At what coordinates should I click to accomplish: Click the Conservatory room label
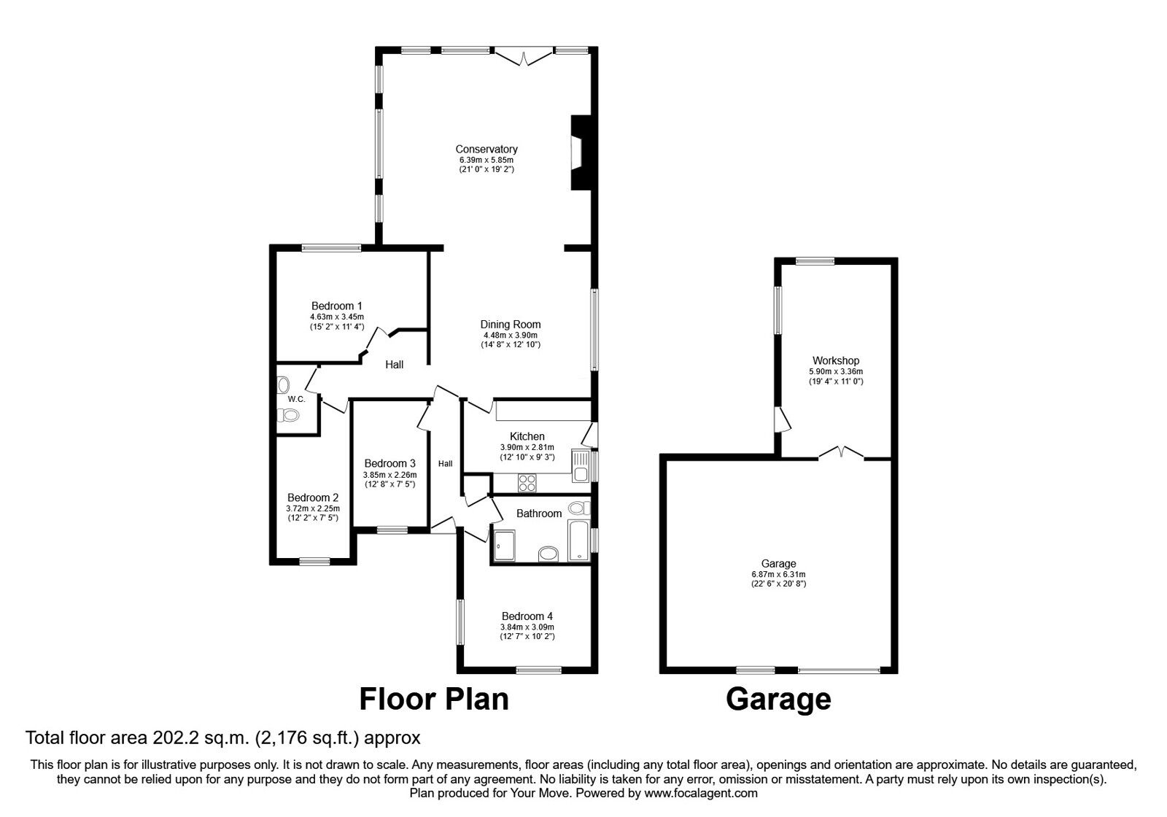[x=486, y=150]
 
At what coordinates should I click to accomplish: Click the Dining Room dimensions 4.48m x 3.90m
[x=511, y=335]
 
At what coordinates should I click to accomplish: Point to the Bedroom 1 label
[x=336, y=306]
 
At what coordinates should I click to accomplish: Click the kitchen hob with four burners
[x=527, y=482]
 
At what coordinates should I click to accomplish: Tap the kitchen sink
[x=581, y=467]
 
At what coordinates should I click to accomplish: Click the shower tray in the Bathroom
[x=504, y=546]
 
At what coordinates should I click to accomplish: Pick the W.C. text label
[x=295, y=399]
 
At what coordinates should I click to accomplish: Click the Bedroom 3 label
[x=389, y=463]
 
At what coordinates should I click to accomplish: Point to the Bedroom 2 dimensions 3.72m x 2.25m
[x=313, y=508]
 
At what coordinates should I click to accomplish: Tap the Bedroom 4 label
[x=527, y=616]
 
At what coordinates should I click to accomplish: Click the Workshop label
[x=836, y=360]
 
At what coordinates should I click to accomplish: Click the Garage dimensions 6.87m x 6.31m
[x=778, y=574]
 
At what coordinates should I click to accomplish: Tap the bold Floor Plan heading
[x=434, y=699]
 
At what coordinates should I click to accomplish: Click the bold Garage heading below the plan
[x=778, y=699]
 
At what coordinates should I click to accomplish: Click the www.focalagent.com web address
[x=701, y=793]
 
